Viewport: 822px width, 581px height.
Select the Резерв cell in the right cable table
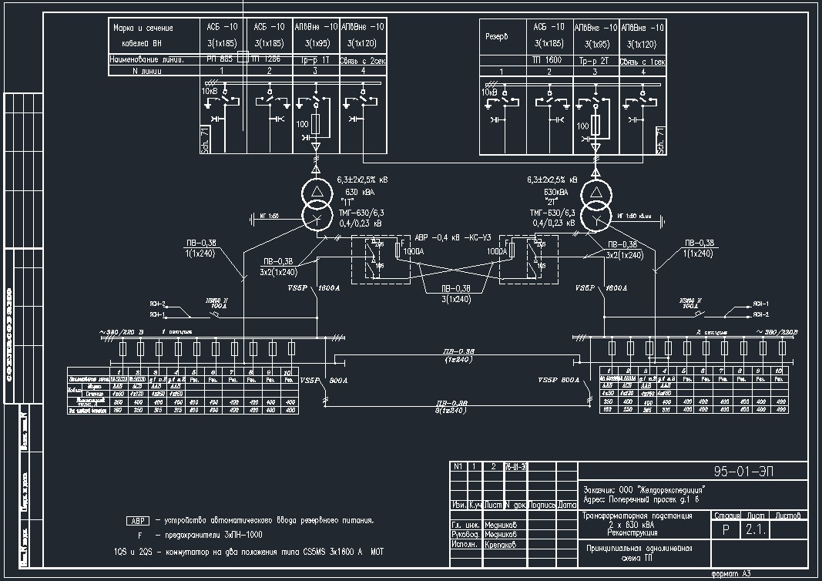(x=496, y=37)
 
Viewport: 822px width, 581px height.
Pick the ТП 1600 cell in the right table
(x=549, y=59)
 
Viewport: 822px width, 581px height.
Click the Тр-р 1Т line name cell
(x=316, y=59)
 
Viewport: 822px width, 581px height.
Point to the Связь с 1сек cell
(x=643, y=59)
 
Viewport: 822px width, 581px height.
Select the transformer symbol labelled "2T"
(x=595, y=204)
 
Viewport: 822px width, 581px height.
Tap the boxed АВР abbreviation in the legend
(x=136, y=520)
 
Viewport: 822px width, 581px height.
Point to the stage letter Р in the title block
(x=725, y=530)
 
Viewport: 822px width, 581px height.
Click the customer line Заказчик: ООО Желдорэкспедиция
(x=644, y=489)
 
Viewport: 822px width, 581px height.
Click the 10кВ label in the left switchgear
(x=210, y=92)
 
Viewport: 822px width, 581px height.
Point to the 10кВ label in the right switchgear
(x=489, y=92)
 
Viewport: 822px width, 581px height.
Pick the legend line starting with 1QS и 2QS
(x=247, y=552)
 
